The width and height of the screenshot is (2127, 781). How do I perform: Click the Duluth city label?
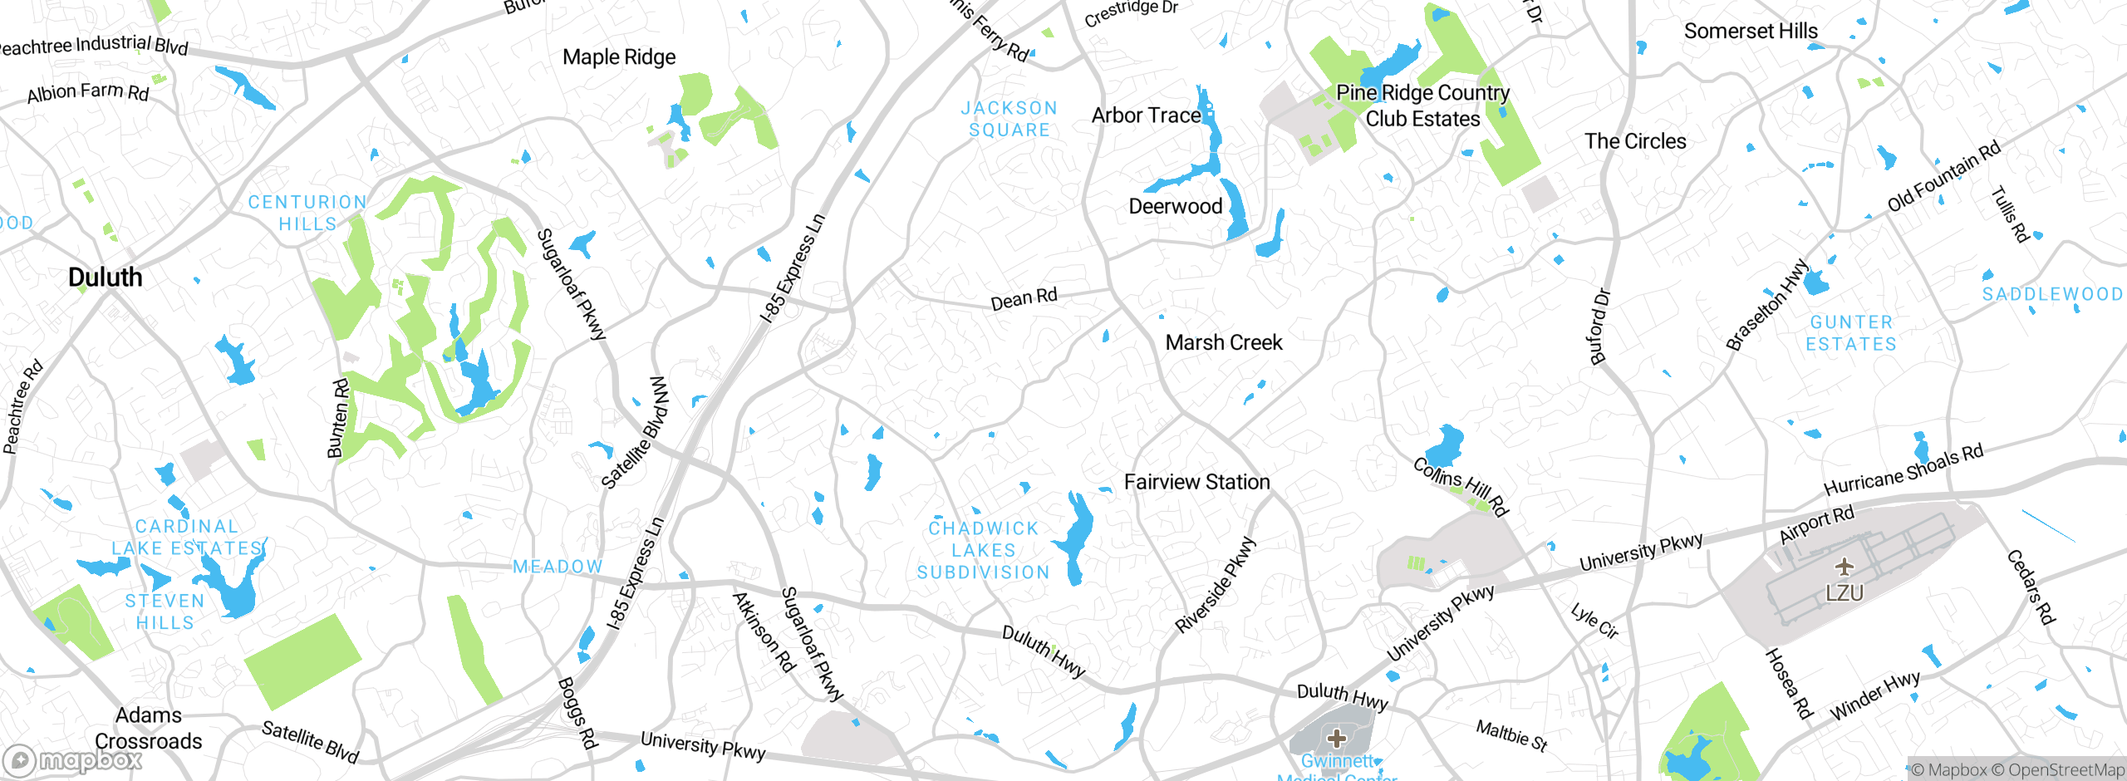(106, 278)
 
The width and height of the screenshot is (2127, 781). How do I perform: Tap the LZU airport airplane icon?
(1845, 567)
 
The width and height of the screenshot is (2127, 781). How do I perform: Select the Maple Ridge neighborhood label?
(619, 57)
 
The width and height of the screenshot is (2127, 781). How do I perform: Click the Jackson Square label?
(1009, 119)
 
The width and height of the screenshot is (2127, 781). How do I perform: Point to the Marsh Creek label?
(1224, 342)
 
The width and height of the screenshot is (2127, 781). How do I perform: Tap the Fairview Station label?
(1196, 482)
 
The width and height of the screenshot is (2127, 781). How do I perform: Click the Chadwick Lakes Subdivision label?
(984, 550)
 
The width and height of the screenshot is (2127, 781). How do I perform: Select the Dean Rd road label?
(1024, 298)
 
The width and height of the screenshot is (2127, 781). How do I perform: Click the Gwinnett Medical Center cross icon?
(1336, 738)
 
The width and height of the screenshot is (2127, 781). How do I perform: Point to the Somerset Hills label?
(1751, 32)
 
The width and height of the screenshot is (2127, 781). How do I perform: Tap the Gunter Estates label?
(1851, 333)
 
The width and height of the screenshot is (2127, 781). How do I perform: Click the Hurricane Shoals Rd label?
(1903, 469)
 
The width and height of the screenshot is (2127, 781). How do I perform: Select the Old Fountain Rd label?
(1943, 177)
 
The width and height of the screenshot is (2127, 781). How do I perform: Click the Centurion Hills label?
(307, 213)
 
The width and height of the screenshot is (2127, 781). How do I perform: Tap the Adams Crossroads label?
(149, 728)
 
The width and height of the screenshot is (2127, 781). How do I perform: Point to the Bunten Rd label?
(337, 419)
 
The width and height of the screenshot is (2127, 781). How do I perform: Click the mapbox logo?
(73, 760)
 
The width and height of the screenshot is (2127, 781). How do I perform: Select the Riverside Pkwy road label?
(1215, 585)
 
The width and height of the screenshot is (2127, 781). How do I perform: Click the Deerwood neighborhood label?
(1175, 207)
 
